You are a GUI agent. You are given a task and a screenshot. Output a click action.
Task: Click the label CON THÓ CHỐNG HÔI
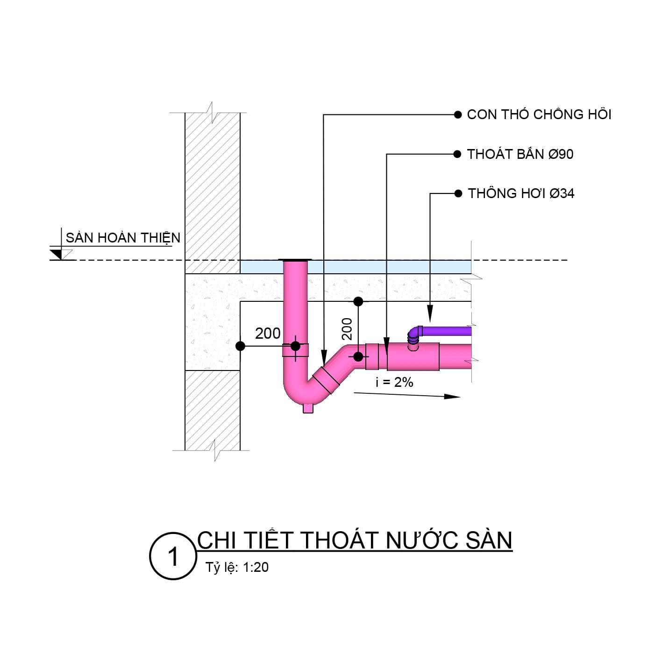[539, 114]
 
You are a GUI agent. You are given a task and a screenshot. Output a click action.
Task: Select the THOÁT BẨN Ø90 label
[520, 154]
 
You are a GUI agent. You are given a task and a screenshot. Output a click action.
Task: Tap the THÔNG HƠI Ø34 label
[521, 193]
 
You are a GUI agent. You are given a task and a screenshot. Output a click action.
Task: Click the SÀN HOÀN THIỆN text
[123, 238]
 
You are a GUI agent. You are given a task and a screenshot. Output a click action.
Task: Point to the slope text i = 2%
[394, 382]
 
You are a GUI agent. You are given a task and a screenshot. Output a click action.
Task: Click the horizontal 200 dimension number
[268, 333]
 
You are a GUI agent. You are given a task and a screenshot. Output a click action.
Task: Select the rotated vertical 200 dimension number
[347, 328]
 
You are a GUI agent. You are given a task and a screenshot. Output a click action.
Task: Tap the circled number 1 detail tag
[173, 556]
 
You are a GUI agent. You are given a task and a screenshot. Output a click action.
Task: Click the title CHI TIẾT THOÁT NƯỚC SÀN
[355, 540]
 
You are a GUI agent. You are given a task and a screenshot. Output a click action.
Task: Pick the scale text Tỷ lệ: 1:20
[237, 567]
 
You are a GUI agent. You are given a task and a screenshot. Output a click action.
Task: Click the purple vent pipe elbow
[415, 333]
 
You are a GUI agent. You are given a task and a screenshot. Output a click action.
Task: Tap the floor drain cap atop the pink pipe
[295, 259]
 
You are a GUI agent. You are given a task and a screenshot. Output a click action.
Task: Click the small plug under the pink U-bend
[308, 408]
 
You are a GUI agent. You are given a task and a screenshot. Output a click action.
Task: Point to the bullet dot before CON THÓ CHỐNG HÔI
[457, 114]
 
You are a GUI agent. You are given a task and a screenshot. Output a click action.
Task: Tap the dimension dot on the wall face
[240, 346]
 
